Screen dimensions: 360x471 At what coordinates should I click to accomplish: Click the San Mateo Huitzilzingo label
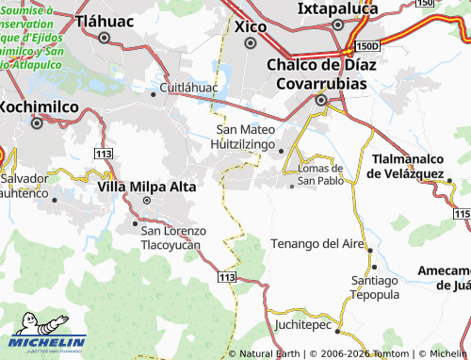pos(247,139)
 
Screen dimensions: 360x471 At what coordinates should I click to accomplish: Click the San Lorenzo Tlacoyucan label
pos(171,237)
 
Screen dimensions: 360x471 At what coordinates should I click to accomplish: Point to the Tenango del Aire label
pos(317,243)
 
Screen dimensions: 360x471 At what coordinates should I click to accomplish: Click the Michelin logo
pos(47,341)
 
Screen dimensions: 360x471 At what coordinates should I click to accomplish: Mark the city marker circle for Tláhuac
pos(104,39)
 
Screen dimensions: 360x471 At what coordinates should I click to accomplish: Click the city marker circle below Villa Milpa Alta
pos(146,201)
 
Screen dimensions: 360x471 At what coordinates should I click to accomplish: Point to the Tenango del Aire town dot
pos(370,251)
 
